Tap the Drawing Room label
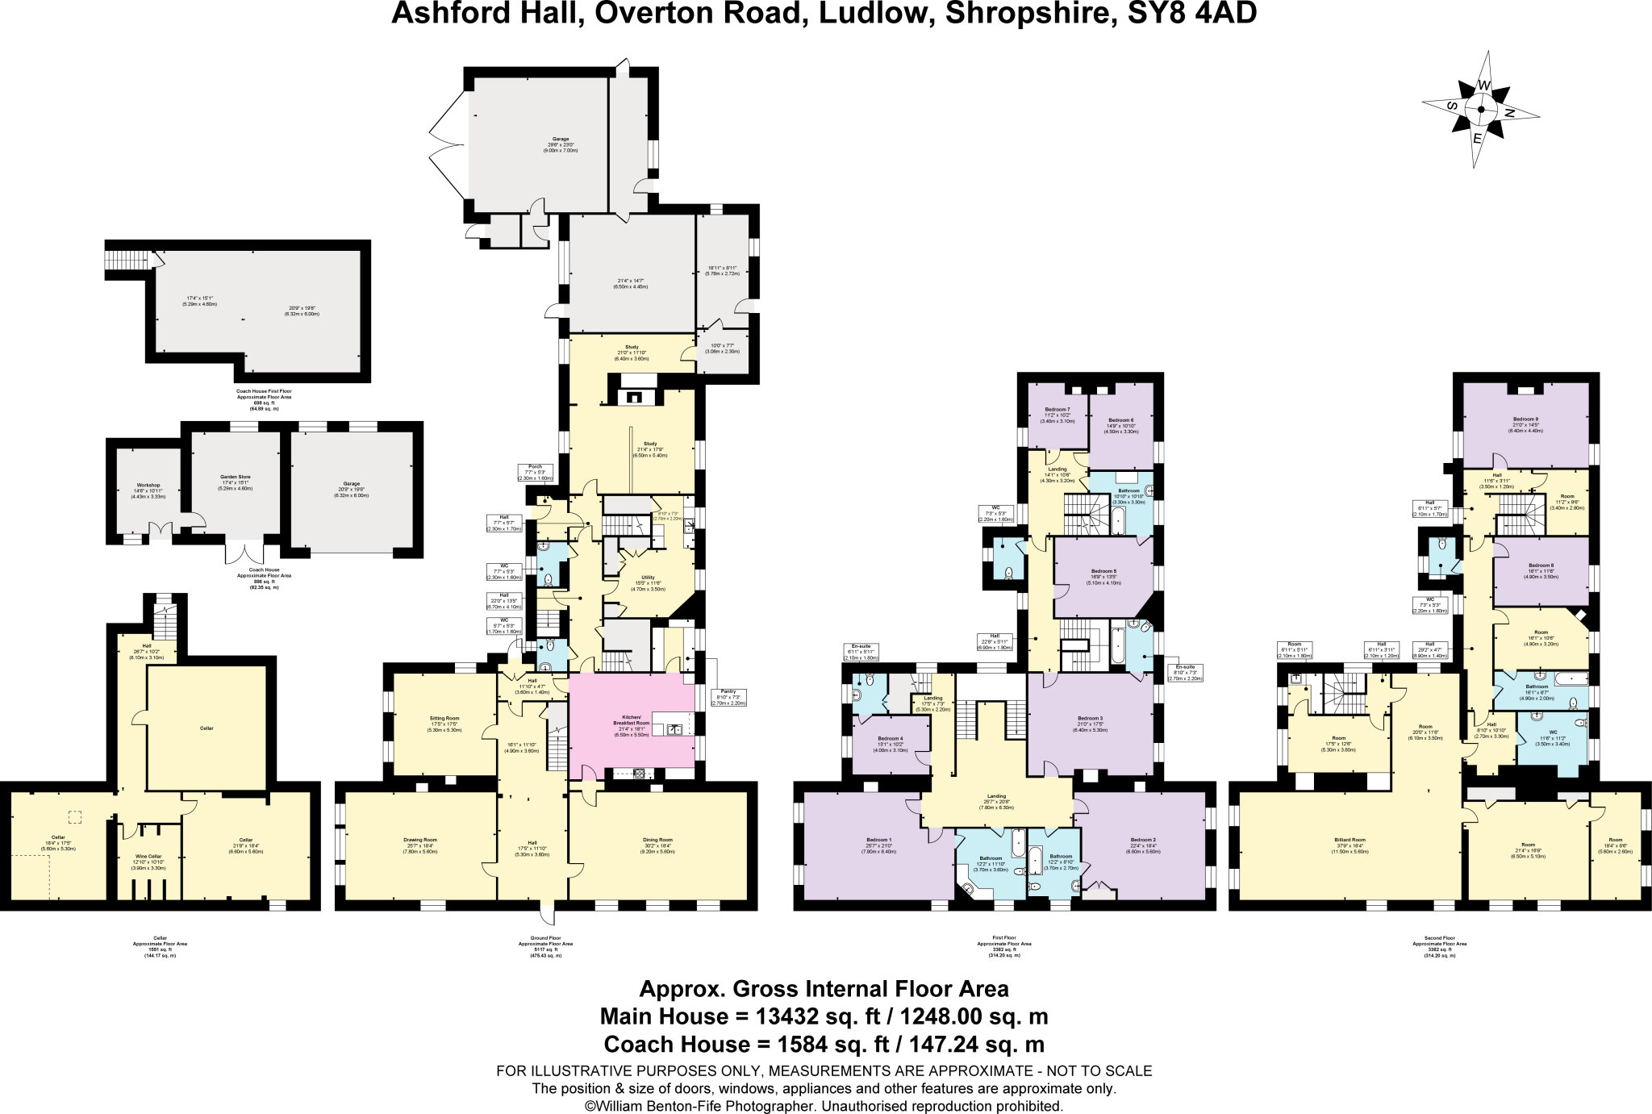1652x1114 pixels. [x=419, y=840]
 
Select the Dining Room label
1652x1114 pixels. [x=657, y=840]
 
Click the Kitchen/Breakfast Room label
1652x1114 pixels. [x=632, y=720]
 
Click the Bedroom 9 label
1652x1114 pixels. [x=1525, y=419]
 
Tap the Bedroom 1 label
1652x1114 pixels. [x=878, y=840]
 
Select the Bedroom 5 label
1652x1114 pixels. [x=1103, y=571]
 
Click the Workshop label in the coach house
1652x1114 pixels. [x=148, y=486]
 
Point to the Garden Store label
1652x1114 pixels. [x=236, y=477]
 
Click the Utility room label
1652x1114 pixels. [x=648, y=578]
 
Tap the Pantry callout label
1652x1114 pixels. [x=728, y=691]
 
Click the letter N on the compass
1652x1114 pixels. [x=1508, y=114]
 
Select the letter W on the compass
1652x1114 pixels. [x=1483, y=86]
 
